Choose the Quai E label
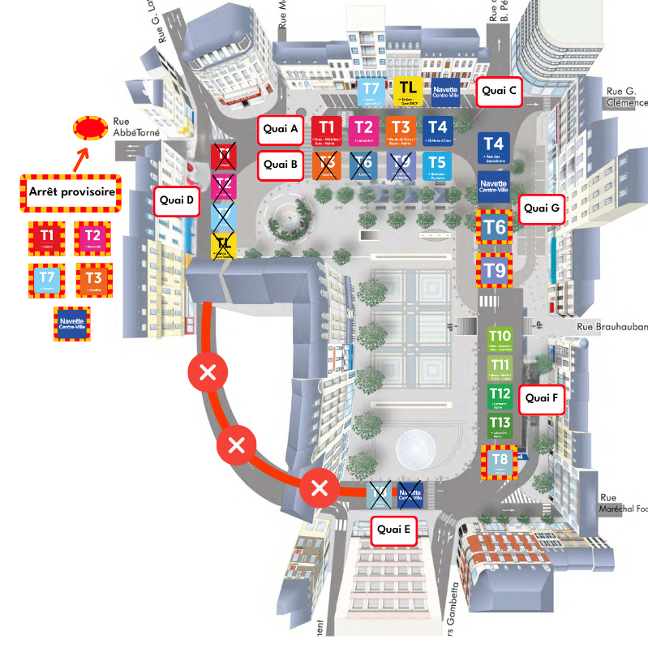click(394, 530)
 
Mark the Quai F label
click(541, 398)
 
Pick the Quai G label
click(541, 208)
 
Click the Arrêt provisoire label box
click(71, 192)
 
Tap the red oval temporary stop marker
click(90, 127)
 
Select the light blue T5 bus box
click(437, 165)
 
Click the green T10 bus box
click(500, 339)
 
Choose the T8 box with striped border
click(500, 462)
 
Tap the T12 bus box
click(500, 397)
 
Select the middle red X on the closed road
click(237, 444)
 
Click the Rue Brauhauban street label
click(612, 328)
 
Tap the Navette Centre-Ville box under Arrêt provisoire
click(71, 323)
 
